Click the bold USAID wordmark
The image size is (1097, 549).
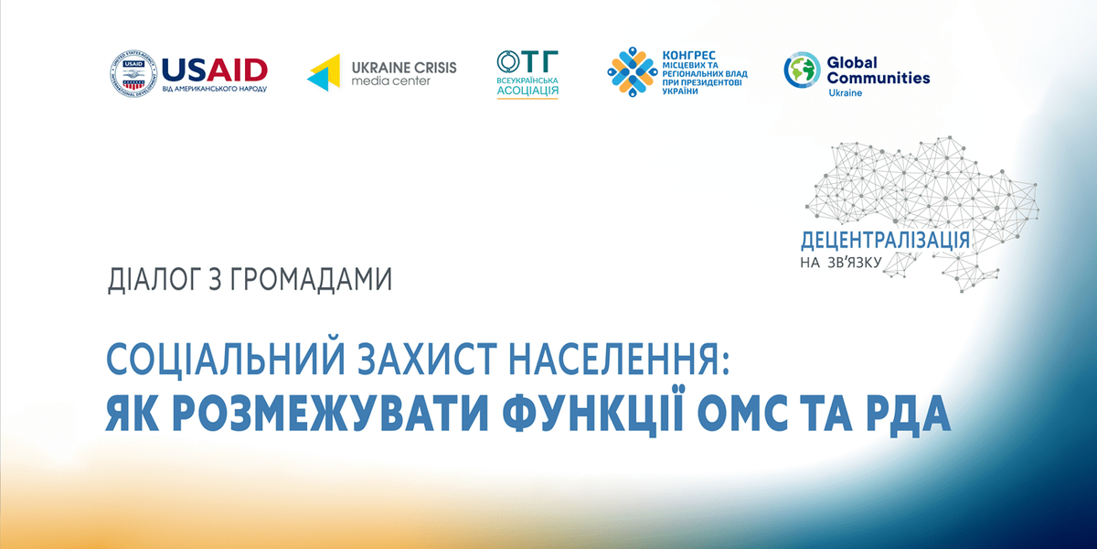point(214,69)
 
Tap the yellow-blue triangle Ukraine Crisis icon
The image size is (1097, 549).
point(324,73)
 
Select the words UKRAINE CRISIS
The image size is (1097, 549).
point(404,67)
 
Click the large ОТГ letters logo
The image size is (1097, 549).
point(527,62)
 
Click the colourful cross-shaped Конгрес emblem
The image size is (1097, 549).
point(629,73)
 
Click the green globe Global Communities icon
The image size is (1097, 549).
point(802,71)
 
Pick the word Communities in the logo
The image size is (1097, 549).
point(878,78)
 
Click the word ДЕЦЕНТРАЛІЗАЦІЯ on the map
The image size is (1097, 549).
point(884,241)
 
